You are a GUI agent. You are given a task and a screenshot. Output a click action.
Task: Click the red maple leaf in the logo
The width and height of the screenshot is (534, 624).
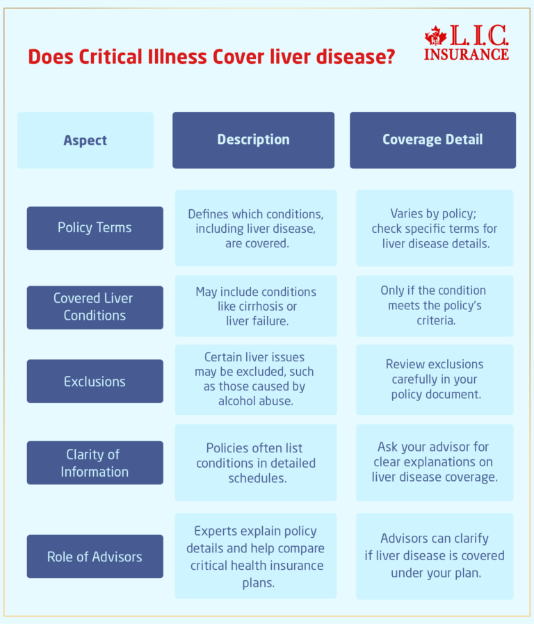(435, 37)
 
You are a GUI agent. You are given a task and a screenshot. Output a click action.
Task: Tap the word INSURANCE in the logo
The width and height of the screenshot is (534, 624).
(466, 54)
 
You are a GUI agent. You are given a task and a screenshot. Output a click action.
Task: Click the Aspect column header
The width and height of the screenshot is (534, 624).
(86, 140)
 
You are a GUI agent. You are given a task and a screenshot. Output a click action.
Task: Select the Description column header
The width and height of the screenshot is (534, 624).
(253, 140)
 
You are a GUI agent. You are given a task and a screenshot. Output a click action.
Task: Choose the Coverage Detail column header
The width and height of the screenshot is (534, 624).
(432, 140)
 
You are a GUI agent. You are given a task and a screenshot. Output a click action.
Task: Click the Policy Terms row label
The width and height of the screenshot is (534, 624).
(95, 228)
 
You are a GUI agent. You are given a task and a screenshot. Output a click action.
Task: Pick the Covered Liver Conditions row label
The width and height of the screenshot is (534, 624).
(95, 306)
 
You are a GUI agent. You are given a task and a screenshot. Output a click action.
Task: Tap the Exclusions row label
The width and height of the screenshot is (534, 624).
(95, 381)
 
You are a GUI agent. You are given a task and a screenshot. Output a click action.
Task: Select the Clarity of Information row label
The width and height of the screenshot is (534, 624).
(95, 463)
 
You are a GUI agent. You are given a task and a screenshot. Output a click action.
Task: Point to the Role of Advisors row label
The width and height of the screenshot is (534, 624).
(95, 557)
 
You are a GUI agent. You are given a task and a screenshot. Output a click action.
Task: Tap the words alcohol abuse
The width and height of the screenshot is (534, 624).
(256, 402)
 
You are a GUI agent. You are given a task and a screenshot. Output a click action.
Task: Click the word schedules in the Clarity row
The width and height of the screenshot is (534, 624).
(256, 478)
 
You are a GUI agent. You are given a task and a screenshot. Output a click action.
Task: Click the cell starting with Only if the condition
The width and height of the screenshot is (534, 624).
(435, 306)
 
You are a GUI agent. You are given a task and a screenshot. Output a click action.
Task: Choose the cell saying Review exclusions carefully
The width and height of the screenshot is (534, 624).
(435, 379)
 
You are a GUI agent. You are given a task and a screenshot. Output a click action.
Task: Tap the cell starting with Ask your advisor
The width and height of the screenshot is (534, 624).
(435, 462)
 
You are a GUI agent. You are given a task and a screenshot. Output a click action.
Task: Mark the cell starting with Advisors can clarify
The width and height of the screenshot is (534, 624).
(435, 556)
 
